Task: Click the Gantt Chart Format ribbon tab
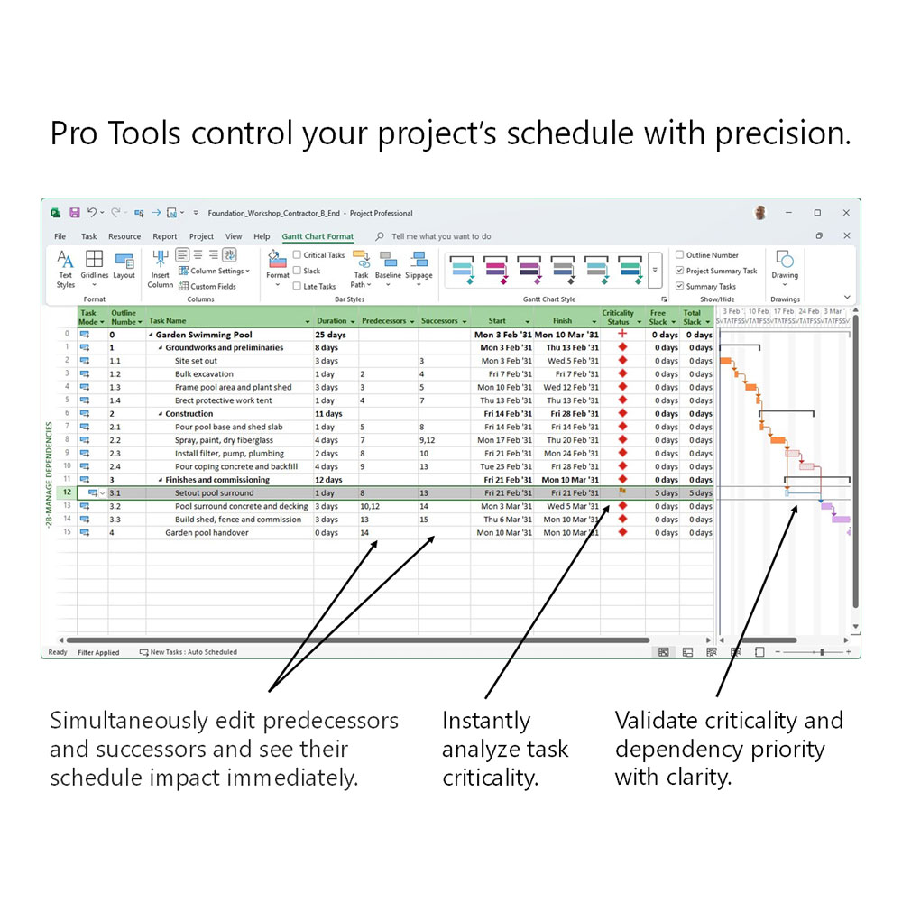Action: coord(318,236)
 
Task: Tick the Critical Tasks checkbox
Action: coord(298,255)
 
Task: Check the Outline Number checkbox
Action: coord(680,255)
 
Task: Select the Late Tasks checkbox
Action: coord(298,286)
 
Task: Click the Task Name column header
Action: coord(168,320)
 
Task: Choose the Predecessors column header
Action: coord(384,320)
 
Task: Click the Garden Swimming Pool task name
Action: coord(198,335)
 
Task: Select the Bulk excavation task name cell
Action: coord(204,374)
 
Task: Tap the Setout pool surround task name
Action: coord(214,493)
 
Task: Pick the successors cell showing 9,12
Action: coord(428,440)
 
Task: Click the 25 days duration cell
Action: coord(330,335)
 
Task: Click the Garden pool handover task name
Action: coord(207,533)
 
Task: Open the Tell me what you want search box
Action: coord(441,236)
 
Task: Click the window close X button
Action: coord(846,213)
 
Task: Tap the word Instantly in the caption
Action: coord(485,721)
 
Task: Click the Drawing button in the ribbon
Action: coord(785,266)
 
